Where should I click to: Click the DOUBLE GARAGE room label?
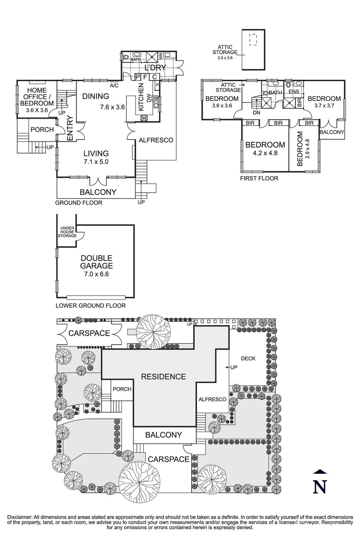97,262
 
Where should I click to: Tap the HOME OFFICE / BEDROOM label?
37,97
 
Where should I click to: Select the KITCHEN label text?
141,97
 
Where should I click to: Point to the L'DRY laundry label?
155,68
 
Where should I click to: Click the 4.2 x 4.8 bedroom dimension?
265,153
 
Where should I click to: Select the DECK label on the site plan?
248,359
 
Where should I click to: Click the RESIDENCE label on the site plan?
163,377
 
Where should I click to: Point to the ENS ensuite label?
294,91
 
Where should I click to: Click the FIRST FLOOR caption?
259,179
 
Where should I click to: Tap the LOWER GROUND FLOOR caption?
90,306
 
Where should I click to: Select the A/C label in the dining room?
114,85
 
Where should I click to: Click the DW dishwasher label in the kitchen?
148,98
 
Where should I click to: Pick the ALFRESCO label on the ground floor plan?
156,140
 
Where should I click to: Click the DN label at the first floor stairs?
256,113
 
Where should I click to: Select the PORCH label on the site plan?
122,389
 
